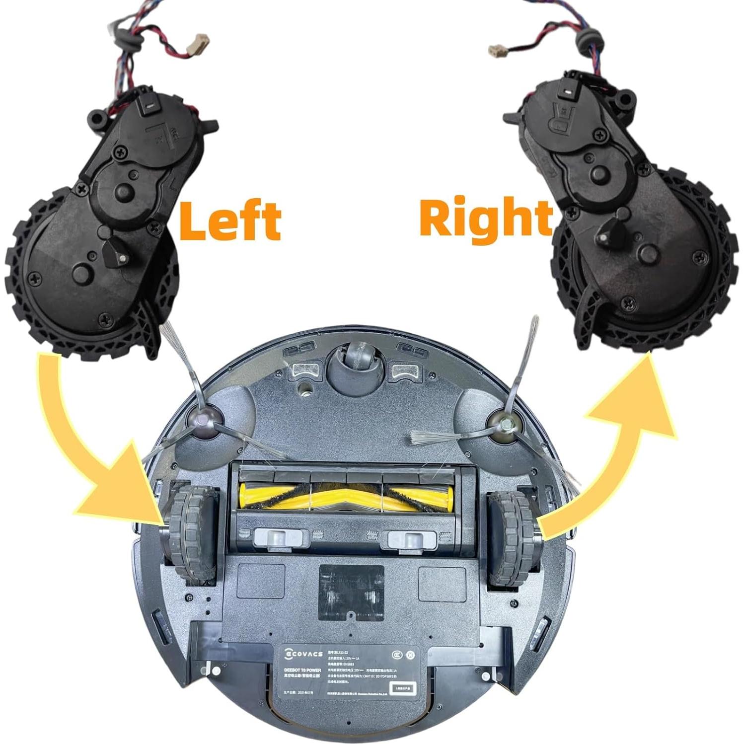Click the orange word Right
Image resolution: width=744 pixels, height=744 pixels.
pos(486,218)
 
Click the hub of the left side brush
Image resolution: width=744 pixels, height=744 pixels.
pos(204,423)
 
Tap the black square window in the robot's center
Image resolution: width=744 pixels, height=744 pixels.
pos(351,591)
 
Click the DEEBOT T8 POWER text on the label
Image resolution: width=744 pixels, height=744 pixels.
pos(300,670)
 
